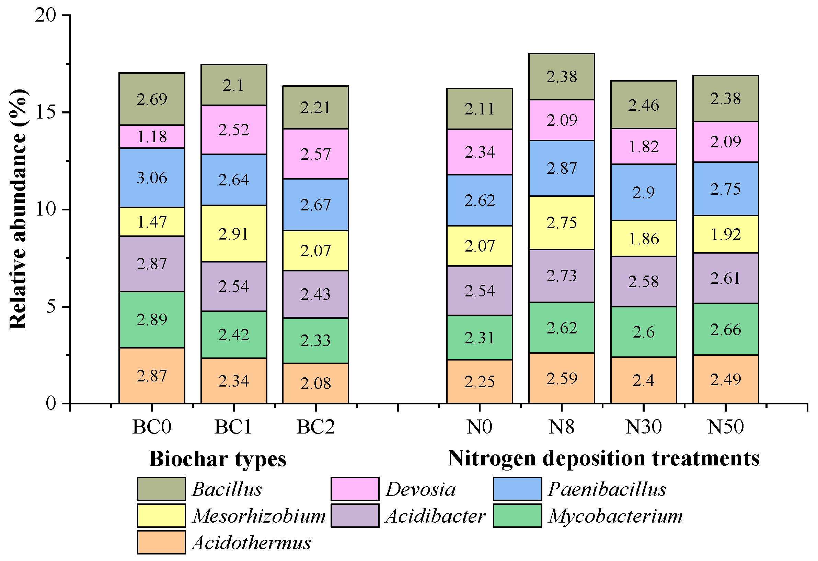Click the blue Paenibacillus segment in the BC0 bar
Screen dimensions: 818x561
coord(152,178)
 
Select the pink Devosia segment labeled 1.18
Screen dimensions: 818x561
coord(152,136)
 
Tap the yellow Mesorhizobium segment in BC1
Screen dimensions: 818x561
coord(234,233)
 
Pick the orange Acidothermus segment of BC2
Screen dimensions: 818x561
coord(316,383)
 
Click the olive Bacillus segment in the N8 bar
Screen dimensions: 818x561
coord(562,77)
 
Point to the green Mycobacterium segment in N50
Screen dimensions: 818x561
coord(725,329)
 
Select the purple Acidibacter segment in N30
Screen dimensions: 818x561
coord(643,282)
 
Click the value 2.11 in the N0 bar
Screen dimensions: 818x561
coord(480,109)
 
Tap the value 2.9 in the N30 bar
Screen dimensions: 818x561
coord(643,192)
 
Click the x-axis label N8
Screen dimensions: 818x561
coord(562,427)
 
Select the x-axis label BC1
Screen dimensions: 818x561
coord(233,427)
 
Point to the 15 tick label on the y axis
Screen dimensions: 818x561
coord(46,112)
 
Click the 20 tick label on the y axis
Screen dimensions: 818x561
coord(46,15)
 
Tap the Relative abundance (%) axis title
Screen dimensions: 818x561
coord(18,209)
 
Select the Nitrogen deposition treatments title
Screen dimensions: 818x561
coord(603,459)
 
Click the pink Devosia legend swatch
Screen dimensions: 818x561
coord(355,489)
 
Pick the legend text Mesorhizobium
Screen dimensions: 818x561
coord(259,516)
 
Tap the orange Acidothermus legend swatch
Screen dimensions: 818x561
coord(161,542)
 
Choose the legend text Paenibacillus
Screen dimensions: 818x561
coord(607,489)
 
